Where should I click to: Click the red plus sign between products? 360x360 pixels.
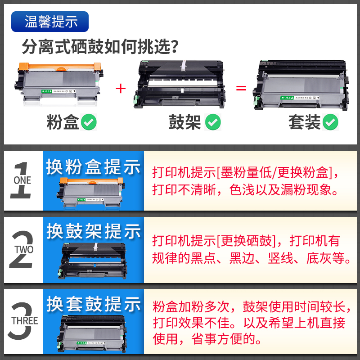click(120, 88)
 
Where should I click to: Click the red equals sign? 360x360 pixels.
click(242, 88)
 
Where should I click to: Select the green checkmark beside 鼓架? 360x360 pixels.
click(212, 122)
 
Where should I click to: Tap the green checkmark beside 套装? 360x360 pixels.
click(331, 122)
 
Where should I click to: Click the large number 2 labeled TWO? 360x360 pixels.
click(22, 250)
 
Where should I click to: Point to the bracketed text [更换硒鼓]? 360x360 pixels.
click(245, 241)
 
